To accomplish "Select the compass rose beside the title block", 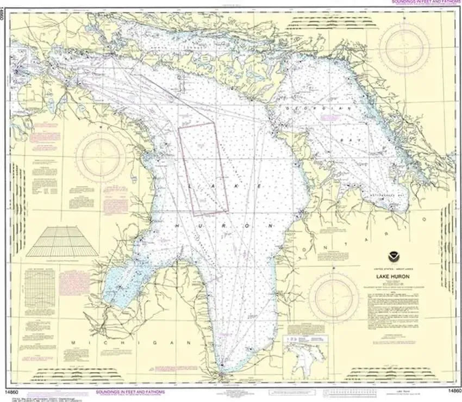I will [334, 297].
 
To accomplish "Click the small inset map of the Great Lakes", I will [306, 356].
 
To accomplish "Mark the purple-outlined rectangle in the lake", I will [203, 169].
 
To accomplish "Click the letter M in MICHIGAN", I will [74, 343].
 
